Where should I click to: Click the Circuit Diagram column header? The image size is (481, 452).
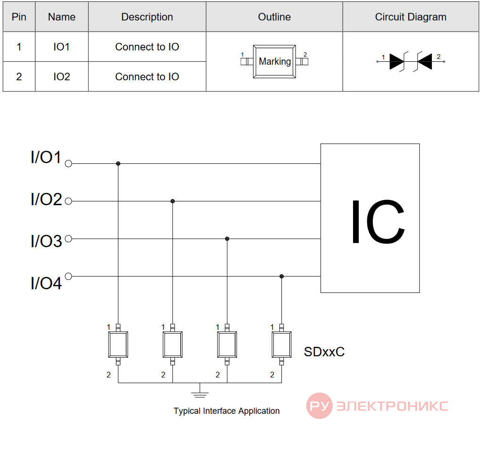click(411, 17)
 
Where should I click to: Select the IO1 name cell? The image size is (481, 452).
click(62, 47)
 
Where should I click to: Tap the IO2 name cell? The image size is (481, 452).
click(62, 76)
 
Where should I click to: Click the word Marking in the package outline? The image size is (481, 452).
click(275, 61)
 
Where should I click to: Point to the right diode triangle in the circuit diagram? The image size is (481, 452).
click(425, 61)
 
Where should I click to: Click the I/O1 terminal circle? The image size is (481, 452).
click(68, 163)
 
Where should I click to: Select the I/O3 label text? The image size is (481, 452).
click(46, 241)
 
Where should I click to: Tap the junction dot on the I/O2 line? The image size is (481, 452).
click(173, 201)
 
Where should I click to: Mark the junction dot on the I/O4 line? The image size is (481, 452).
click(282, 276)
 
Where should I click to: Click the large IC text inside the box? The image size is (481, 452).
click(378, 221)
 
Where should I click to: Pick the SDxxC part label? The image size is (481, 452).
click(324, 352)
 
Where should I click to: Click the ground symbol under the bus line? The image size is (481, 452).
click(200, 393)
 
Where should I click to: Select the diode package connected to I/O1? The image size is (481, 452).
click(118, 344)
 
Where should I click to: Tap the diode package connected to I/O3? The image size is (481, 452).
click(227, 344)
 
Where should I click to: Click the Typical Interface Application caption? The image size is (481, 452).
click(227, 411)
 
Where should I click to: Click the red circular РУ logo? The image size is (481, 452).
click(320, 406)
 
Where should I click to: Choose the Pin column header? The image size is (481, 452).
click(19, 17)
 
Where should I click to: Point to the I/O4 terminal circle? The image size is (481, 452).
click(68, 276)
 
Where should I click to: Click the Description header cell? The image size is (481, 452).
click(147, 17)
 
